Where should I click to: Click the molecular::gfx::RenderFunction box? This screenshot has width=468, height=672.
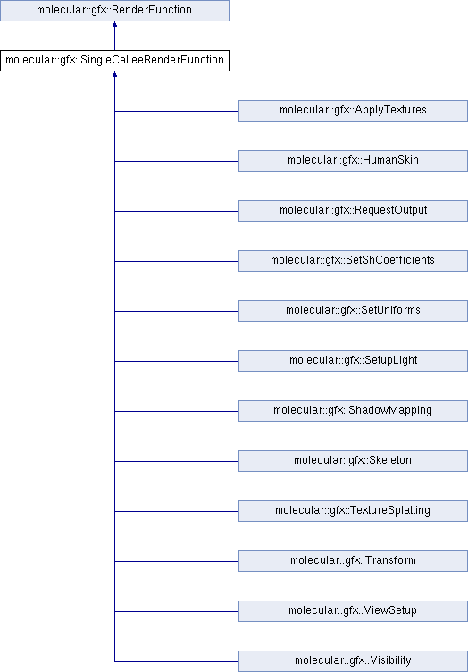tap(114, 11)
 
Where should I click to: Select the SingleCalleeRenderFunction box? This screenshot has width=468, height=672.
tap(114, 61)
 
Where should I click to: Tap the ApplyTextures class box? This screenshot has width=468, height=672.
tap(353, 111)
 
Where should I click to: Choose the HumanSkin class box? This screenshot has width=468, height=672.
tap(353, 161)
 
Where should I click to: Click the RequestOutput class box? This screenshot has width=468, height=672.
tap(353, 211)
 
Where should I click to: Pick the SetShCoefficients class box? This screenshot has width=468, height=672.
tap(353, 261)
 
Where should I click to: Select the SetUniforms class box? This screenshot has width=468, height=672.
tap(353, 311)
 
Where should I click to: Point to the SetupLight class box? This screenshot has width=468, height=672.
tap(353, 361)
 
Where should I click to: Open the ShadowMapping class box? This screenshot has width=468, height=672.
tap(353, 411)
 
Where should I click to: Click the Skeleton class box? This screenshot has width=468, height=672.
tap(353, 461)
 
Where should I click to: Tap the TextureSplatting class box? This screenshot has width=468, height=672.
tap(353, 511)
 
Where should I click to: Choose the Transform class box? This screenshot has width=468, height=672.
tap(353, 561)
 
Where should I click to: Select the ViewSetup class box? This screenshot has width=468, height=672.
tap(353, 611)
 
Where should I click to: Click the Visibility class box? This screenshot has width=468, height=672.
tap(353, 661)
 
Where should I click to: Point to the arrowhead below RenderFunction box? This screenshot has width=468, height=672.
tap(114, 24)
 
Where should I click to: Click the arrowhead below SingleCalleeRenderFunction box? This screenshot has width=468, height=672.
tap(114, 74)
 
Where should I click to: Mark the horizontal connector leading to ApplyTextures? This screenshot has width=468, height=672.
tap(177, 111)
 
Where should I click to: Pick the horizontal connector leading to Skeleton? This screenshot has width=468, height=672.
tap(177, 462)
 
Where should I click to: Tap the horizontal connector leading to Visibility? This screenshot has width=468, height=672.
tap(177, 661)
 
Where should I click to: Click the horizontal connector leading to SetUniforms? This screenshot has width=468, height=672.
tap(177, 311)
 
